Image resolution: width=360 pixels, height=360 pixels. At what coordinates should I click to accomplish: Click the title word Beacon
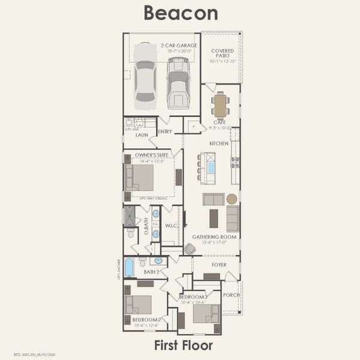coord(179,13)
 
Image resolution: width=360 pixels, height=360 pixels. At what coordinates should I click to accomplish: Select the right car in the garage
coord(178,82)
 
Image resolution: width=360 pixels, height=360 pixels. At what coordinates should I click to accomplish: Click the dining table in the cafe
coord(220,106)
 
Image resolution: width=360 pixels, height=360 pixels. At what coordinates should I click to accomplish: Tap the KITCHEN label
coord(219,144)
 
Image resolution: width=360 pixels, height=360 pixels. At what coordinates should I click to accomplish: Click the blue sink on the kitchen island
coord(211,167)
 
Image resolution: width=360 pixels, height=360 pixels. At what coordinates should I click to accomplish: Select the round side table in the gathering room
coord(232,199)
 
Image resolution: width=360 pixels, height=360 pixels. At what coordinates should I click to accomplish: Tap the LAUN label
coord(142,135)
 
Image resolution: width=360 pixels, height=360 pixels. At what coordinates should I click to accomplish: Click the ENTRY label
coord(165,132)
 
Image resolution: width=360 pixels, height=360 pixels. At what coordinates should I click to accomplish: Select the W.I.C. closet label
coord(171,227)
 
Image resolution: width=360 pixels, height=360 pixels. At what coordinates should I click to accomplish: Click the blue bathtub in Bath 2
coord(129,266)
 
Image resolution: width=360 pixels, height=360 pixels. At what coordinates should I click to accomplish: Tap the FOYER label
coord(219,263)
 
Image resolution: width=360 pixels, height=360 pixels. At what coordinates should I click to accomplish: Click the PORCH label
coord(231,295)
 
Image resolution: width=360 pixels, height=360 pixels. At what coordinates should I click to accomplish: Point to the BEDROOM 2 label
coord(147,320)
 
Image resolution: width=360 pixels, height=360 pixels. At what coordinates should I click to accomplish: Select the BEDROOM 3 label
coord(193,298)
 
